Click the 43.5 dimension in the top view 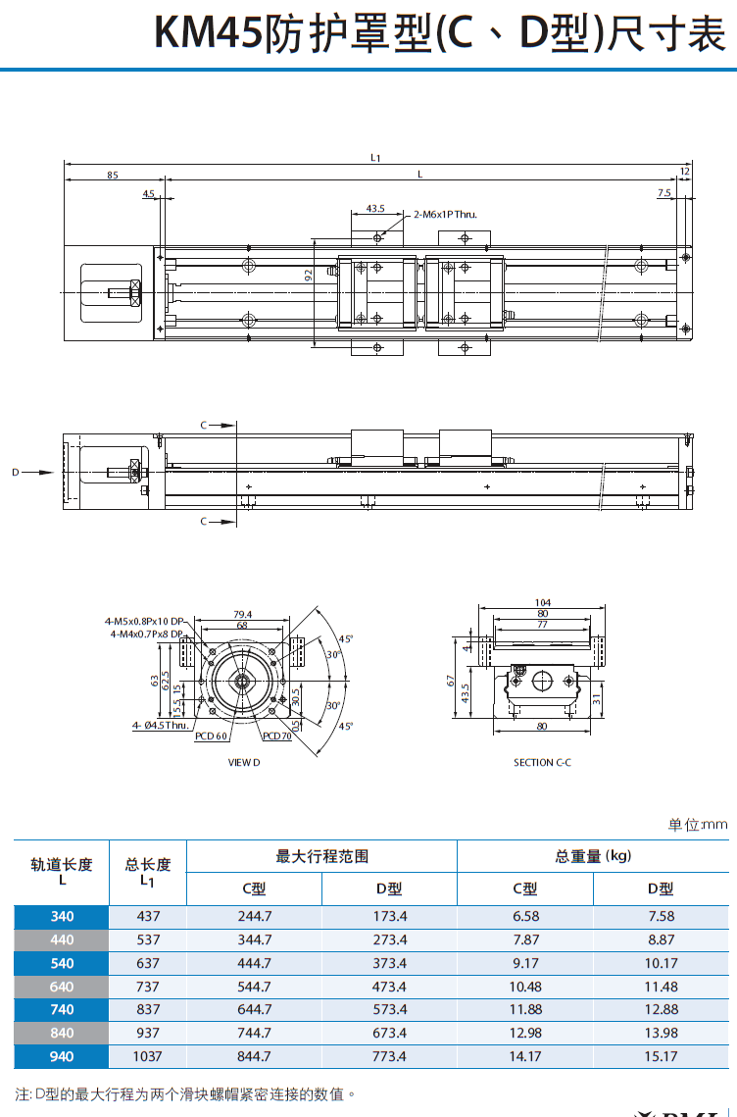pyautogui.click(x=375, y=208)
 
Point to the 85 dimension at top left pyautogui.click(x=113, y=175)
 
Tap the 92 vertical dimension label pyautogui.click(x=308, y=277)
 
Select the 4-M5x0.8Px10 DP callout pyautogui.click(x=144, y=621)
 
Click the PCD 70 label pyautogui.click(x=277, y=736)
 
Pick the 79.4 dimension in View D pyautogui.click(x=242, y=614)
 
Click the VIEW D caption pyautogui.click(x=244, y=762)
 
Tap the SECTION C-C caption pyautogui.click(x=542, y=762)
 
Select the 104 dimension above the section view pyautogui.click(x=543, y=602)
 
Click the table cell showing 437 pyautogui.click(x=148, y=916)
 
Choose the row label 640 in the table pyautogui.click(x=62, y=987)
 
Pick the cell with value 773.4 pyautogui.click(x=389, y=1056)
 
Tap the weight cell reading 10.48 pyautogui.click(x=525, y=987)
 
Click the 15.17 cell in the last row pyautogui.click(x=662, y=1056)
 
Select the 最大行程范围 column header pyautogui.click(x=321, y=856)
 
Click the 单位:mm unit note pyautogui.click(x=698, y=825)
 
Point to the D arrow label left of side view pyautogui.click(x=16, y=472)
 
